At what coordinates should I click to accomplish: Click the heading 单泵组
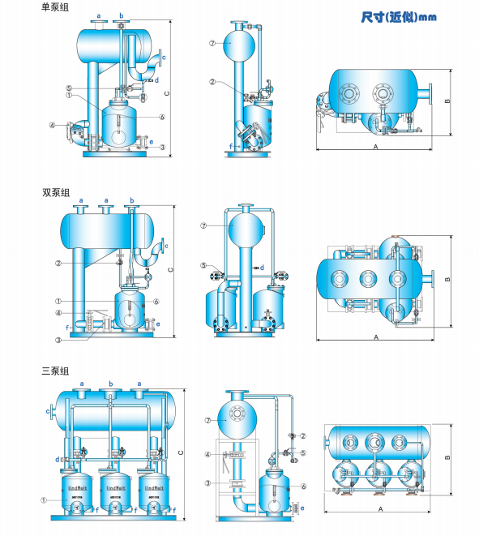pyautogui.click(x=55, y=6)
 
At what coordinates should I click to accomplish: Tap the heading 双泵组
pyautogui.click(x=55, y=193)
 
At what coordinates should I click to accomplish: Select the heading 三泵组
pyautogui.click(x=55, y=371)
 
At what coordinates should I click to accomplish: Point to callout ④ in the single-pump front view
pyautogui.click(x=52, y=126)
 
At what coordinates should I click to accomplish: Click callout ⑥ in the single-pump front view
pyautogui.click(x=162, y=117)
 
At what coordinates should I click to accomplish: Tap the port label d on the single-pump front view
pyautogui.click(x=156, y=81)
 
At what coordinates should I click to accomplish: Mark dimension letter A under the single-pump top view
pyautogui.click(x=375, y=148)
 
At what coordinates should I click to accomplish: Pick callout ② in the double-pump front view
pyautogui.click(x=58, y=263)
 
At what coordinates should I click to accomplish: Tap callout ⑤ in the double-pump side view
pyautogui.click(x=203, y=266)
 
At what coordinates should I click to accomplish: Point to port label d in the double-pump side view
pyautogui.click(x=262, y=268)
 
